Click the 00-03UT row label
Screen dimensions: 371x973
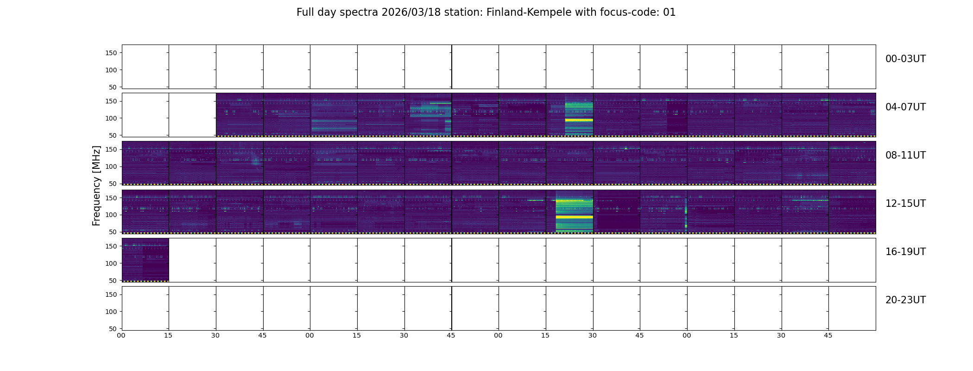[905, 59]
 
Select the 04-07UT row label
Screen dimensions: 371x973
[905, 107]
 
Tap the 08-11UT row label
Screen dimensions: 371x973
[905, 155]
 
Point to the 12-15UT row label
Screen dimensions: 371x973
[905, 204]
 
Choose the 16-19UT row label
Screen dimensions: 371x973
[905, 252]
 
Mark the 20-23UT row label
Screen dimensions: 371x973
[905, 300]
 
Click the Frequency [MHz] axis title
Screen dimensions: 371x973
[96, 185]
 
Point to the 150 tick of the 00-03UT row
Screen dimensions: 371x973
[111, 53]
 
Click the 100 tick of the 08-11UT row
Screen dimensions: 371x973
[111, 166]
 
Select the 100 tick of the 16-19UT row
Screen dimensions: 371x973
[111, 263]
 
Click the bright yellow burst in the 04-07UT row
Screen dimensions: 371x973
[579, 120]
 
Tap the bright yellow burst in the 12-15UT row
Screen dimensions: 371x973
[574, 217]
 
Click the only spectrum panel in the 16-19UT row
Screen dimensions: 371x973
[145, 260]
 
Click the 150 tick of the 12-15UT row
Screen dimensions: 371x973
[111, 198]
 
